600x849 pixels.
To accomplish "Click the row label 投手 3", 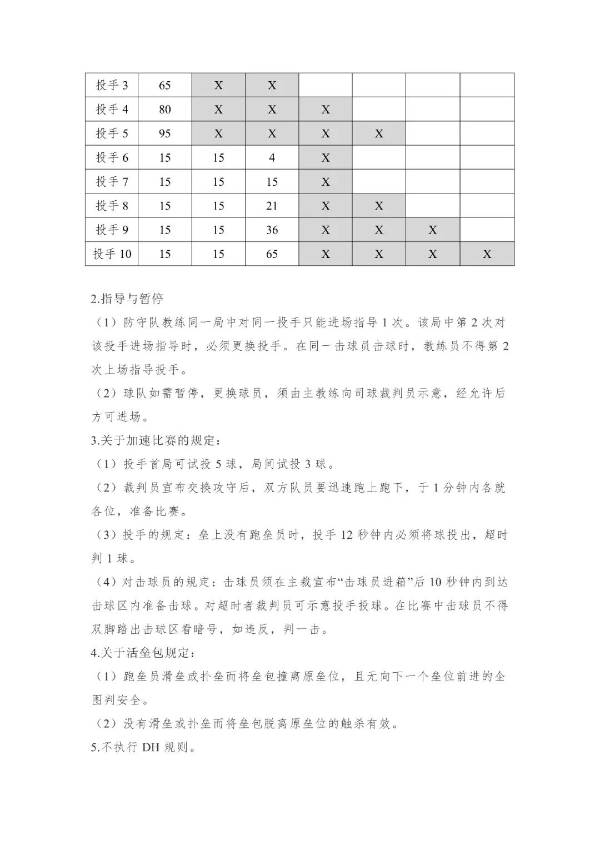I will (x=112, y=85).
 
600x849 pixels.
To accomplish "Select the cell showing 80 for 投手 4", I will (x=165, y=110).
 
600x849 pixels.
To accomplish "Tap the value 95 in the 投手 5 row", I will (x=165, y=133).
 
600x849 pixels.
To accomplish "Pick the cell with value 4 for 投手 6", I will (x=272, y=158).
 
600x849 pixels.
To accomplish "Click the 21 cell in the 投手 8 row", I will (x=272, y=206).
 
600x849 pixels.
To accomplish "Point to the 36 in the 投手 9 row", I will (x=272, y=230).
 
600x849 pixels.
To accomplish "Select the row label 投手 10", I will (x=112, y=254).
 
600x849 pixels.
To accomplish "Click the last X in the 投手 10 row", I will (x=487, y=254).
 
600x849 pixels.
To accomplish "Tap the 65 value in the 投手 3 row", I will (x=165, y=85).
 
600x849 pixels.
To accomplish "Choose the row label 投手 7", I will (x=112, y=182).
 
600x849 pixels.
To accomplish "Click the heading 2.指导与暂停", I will (x=127, y=299).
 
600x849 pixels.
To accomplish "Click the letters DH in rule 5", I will (x=151, y=747).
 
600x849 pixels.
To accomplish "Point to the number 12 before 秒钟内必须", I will (x=347, y=535).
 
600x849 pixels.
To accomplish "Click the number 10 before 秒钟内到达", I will (x=436, y=582).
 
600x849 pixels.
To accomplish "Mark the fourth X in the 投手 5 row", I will (x=379, y=133).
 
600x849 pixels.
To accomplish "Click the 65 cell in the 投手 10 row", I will (x=272, y=254).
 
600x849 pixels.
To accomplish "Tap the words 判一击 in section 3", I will (x=305, y=629).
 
